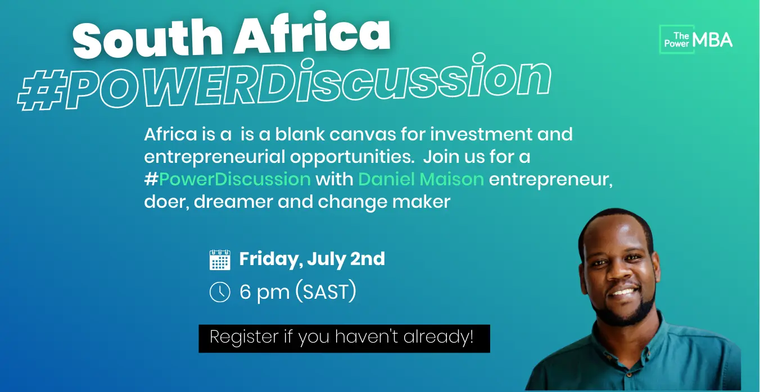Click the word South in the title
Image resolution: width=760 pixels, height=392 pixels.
pyautogui.click(x=148, y=38)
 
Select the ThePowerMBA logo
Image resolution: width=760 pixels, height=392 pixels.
pyautogui.click(x=696, y=40)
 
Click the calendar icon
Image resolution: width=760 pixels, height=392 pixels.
pyautogui.click(x=220, y=260)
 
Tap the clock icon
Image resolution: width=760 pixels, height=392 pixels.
pyautogui.click(x=220, y=291)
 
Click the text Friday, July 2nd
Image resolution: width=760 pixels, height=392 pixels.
pyautogui.click(x=312, y=259)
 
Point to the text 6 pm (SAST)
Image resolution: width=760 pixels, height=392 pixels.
pyautogui.click(x=298, y=291)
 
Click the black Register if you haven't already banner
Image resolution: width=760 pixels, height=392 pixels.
pyautogui.click(x=344, y=339)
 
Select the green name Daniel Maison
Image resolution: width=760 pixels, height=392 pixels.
pyautogui.click(x=421, y=179)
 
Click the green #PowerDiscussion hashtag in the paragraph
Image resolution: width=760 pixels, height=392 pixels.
pyautogui.click(x=227, y=179)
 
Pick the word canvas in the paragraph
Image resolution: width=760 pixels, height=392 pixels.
pyautogui.click(x=363, y=134)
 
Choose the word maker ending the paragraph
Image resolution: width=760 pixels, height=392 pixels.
pyautogui.click(x=422, y=202)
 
